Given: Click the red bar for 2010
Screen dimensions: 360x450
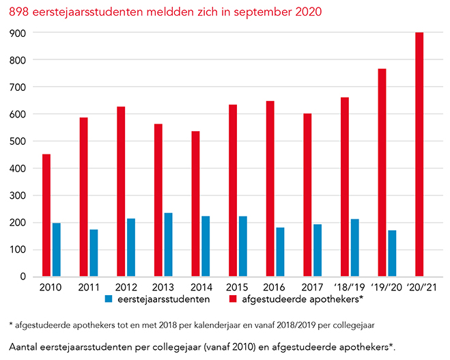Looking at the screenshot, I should click(x=46, y=215).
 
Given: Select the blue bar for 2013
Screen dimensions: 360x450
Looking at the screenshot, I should click(x=168, y=245).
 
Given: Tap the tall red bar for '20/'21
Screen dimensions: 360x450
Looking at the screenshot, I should click(x=419, y=154).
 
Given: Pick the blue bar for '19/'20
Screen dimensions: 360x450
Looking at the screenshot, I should click(x=392, y=253).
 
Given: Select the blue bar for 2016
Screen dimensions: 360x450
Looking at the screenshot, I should click(x=280, y=252).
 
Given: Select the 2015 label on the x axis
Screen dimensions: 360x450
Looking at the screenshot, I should click(x=238, y=286).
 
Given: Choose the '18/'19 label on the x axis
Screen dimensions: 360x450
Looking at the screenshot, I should click(x=349, y=286).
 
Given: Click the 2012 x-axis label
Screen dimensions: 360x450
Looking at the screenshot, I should click(x=126, y=286).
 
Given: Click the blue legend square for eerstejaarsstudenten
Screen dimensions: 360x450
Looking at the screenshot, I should click(x=109, y=299).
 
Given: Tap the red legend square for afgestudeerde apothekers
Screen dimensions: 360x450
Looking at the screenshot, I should click(x=232, y=299).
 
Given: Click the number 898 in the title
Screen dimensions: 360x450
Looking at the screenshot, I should click(x=20, y=12).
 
